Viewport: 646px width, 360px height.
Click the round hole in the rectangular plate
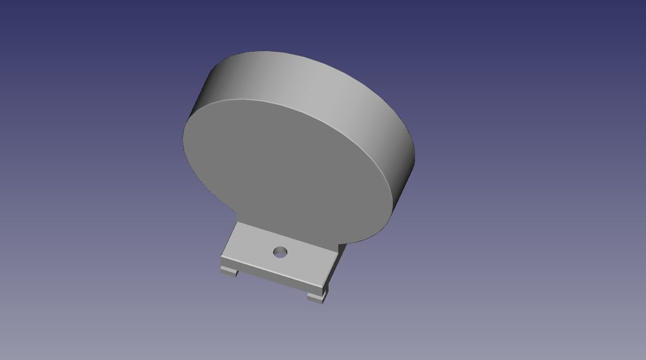[x=280, y=253]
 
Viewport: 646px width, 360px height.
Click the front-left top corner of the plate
[x=221, y=257]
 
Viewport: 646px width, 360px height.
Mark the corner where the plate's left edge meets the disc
[x=237, y=222]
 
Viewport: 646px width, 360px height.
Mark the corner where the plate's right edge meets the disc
[x=339, y=244]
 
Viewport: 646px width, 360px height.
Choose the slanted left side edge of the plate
[x=229, y=239]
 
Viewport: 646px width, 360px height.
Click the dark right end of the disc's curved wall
[x=406, y=177]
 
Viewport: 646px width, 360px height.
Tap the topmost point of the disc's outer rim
[x=266, y=51]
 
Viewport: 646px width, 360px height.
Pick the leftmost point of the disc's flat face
[x=183, y=137]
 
